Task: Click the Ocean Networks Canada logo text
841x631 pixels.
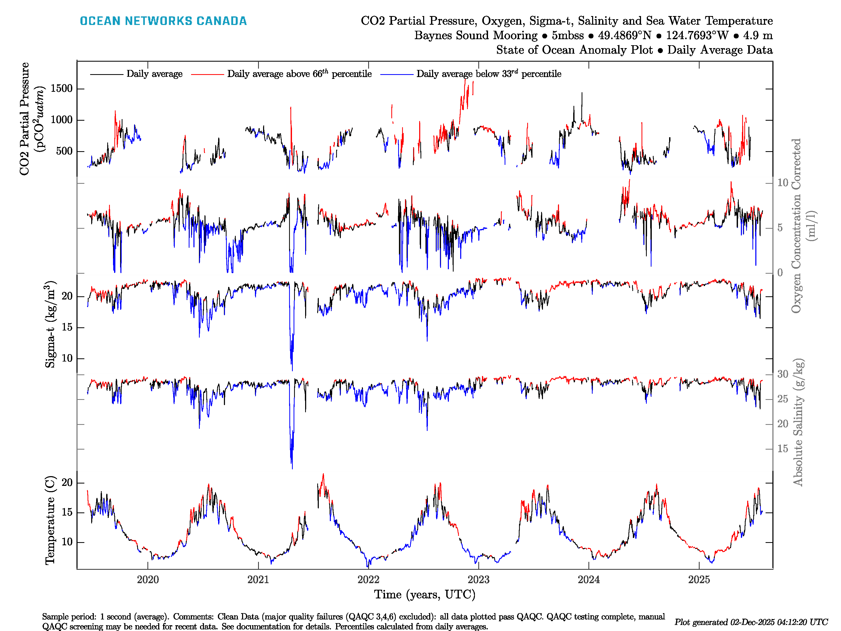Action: [163, 21]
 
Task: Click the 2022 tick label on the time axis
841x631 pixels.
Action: [368, 580]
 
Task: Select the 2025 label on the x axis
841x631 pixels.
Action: [699, 580]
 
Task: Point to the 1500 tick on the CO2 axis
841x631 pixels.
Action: [61, 89]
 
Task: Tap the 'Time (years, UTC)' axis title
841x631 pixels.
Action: [425, 594]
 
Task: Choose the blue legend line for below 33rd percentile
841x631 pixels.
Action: [397, 74]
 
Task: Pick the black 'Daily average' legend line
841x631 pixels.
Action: [106, 74]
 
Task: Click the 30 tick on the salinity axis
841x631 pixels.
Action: [782, 374]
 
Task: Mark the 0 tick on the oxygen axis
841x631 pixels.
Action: [780, 273]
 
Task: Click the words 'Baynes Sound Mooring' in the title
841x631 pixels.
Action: [476, 35]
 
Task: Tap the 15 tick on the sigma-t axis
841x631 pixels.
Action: [67, 328]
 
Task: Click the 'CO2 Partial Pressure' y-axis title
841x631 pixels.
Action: [24, 119]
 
